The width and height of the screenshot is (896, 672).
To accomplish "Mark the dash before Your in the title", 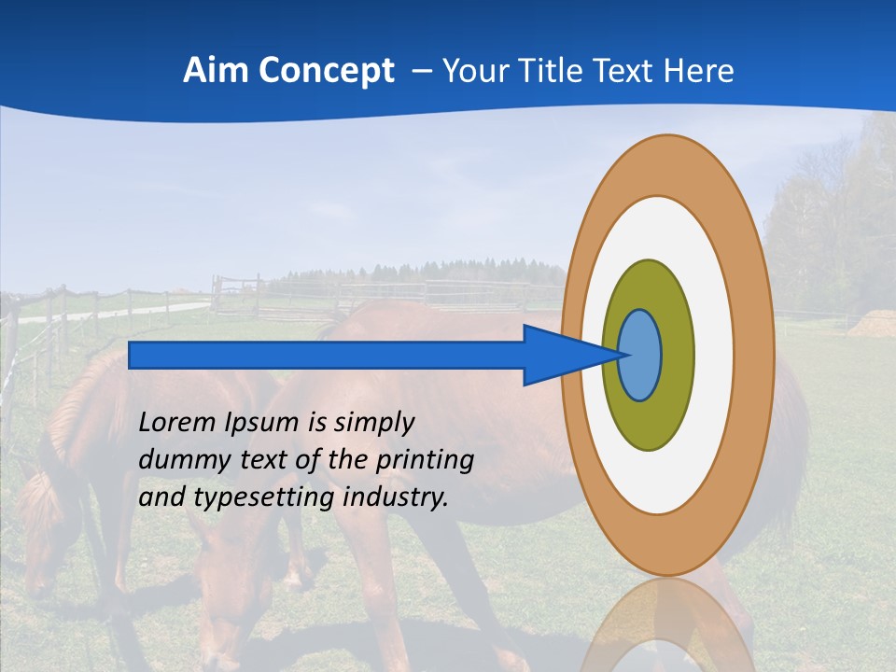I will [421, 71].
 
